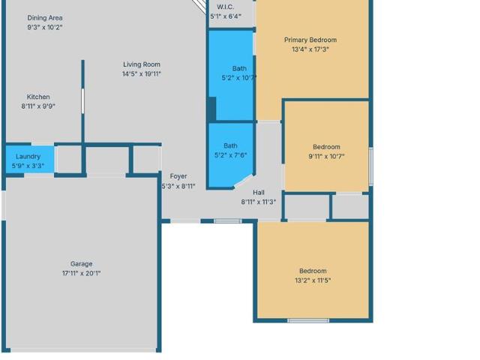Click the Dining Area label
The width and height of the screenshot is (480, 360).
coord(45,18)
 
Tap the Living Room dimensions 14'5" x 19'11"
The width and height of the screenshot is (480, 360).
coord(142,73)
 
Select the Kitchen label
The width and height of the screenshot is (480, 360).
coord(38,97)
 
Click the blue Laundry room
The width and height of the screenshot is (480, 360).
coord(30,160)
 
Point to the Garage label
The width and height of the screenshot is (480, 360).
coord(82,264)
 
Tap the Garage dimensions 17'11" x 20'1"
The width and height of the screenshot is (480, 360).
coord(82,273)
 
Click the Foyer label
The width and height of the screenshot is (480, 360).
coord(178,176)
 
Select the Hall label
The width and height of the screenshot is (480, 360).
coord(259,193)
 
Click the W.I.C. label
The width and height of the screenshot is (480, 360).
coord(226,7)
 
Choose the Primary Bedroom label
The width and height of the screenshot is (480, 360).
coord(310,40)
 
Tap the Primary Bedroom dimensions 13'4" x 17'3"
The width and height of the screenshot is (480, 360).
coord(310,49)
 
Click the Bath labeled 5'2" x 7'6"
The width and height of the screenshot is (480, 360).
coord(230,151)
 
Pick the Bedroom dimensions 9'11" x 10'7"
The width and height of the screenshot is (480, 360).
coord(326,157)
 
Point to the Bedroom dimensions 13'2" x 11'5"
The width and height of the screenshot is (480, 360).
coord(313,280)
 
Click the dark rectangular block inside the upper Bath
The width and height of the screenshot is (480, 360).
coord(211,109)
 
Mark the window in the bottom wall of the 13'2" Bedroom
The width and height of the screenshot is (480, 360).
coord(308,320)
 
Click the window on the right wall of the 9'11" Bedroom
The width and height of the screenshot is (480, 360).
coord(370,166)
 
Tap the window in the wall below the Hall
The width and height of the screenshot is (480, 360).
coord(227,221)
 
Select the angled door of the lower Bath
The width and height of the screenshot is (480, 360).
coord(244,181)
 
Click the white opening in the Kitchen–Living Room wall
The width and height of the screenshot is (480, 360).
coord(82,101)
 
